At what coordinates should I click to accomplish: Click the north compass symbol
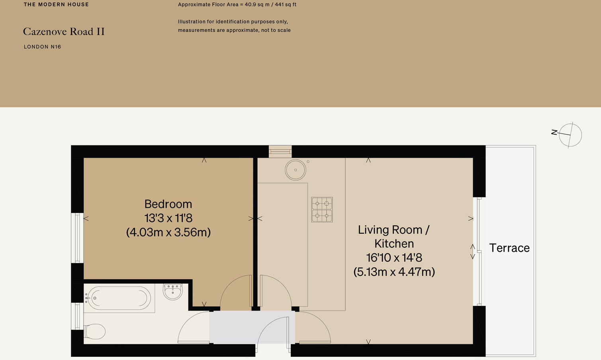point(570,135)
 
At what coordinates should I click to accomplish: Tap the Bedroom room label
point(168,204)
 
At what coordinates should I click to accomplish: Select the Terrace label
point(509,248)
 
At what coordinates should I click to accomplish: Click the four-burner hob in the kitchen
point(322,209)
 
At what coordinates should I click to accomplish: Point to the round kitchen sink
point(296,170)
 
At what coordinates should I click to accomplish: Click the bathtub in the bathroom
point(119,298)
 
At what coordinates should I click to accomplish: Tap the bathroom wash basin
point(173,291)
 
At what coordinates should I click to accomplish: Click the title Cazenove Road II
point(64,31)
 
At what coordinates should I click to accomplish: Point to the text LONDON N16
point(42,47)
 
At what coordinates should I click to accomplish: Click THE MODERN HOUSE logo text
point(56,4)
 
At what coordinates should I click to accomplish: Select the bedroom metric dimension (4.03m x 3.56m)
point(168,232)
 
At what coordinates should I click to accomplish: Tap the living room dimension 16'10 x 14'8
point(394,258)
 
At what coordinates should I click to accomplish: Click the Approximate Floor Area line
point(237,5)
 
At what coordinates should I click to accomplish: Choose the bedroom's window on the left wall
point(77,238)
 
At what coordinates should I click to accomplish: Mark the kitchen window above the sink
point(280,151)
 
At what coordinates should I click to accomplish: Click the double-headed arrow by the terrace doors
point(473,251)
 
